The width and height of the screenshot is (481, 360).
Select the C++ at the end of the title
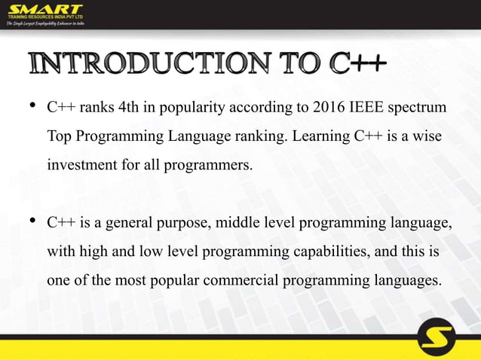(x=357, y=67)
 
